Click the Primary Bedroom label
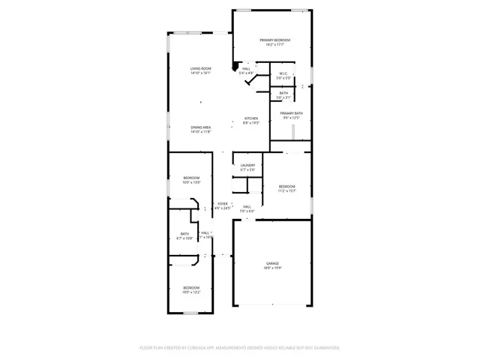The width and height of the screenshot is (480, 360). pyautogui.click(x=274, y=40)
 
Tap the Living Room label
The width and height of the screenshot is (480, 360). pyautogui.click(x=200, y=68)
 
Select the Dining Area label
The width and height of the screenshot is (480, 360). pyautogui.click(x=200, y=127)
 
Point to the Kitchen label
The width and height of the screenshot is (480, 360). pyautogui.click(x=250, y=118)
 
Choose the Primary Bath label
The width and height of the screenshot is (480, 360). pyautogui.click(x=291, y=113)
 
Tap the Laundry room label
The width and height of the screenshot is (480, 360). pyautogui.click(x=247, y=165)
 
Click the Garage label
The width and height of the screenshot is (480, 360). pyautogui.click(x=271, y=263)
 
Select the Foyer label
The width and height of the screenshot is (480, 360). pyautogui.click(x=223, y=204)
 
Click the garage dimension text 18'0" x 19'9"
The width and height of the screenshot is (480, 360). pyautogui.click(x=271, y=268)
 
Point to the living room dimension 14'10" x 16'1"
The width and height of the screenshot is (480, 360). pyautogui.click(x=200, y=73)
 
